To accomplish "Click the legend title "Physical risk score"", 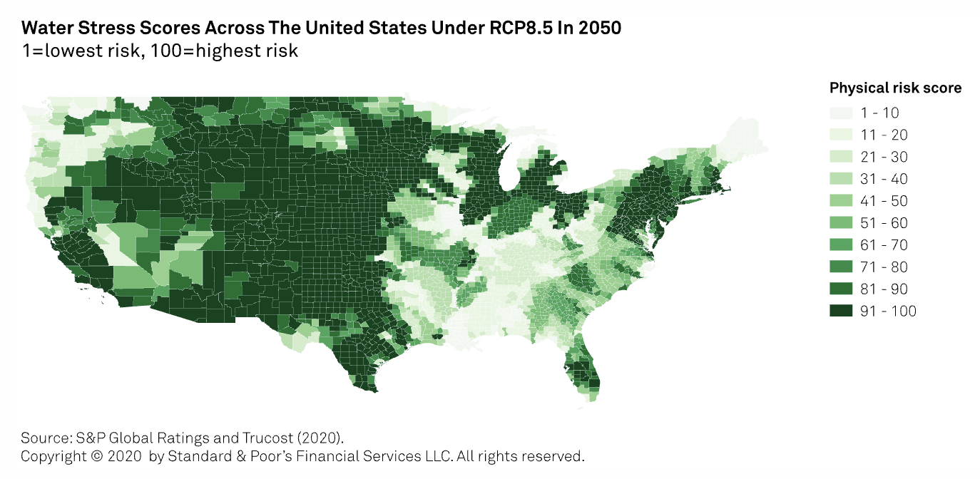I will [x=895, y=88].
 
